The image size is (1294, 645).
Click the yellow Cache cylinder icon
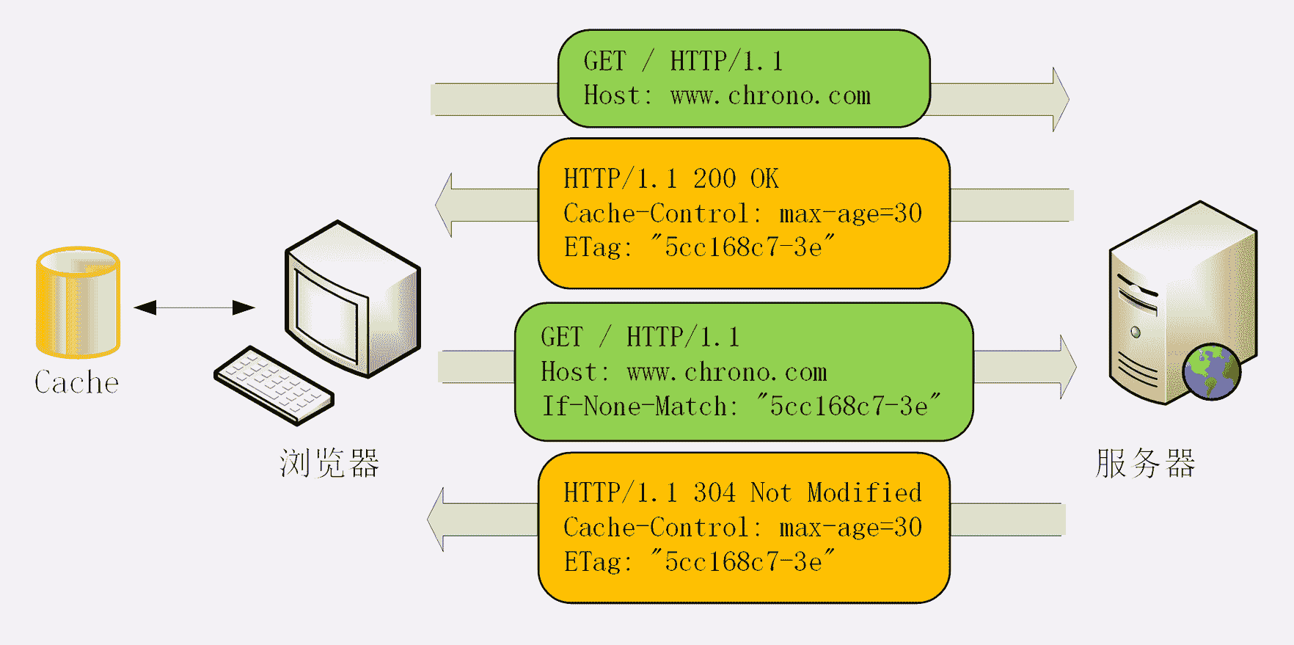(78, 302)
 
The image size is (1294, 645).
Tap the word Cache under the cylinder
(76, 382)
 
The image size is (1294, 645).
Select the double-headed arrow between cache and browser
(194, 307)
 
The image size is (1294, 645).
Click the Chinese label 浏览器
(329, 464)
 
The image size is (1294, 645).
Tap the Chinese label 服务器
(1145, 464)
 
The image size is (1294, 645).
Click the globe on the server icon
(1211, 371)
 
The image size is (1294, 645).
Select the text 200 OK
(736, 178)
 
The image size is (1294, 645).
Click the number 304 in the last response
(714, 492)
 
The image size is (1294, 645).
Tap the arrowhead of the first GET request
(1059, 99)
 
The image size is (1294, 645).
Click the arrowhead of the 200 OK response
(445, 205)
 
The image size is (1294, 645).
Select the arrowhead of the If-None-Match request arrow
(1067, 367)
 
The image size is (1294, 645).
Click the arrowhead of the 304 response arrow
(437, 520)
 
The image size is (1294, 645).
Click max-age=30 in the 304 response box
(850, 528)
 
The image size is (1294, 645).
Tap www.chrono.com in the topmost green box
(770, 96)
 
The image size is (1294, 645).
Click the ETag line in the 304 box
(699, 562)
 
